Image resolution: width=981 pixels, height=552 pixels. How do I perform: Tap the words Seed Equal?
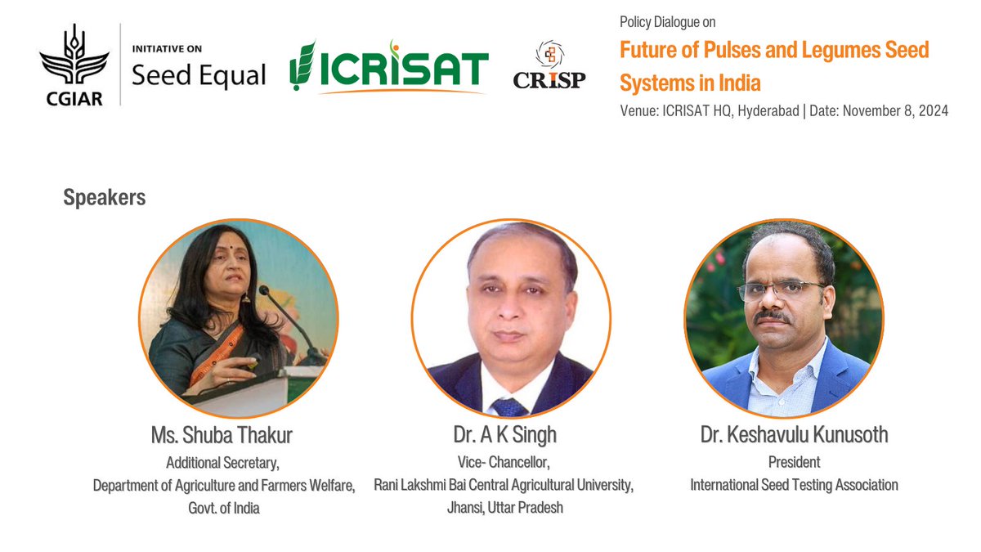coord(199,75)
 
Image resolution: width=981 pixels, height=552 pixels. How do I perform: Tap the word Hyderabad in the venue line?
coord(768,111)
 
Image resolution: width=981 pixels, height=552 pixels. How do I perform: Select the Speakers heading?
coord(105,198)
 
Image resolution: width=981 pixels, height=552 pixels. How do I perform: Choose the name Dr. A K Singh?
coord(504,434)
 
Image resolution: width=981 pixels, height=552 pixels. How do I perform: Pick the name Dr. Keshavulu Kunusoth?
coord(794,434)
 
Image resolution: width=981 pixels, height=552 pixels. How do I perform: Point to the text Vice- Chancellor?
coord(504,462)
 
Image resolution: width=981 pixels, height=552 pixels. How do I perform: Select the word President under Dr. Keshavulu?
coord(794,462)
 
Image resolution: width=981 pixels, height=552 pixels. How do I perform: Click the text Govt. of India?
coord(224,508)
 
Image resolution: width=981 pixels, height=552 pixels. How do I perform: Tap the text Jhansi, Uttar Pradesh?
coord(504,508)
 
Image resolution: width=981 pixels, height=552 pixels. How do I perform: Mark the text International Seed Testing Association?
coord(794,485)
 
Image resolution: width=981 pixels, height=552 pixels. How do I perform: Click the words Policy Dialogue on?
coord(668,23)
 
